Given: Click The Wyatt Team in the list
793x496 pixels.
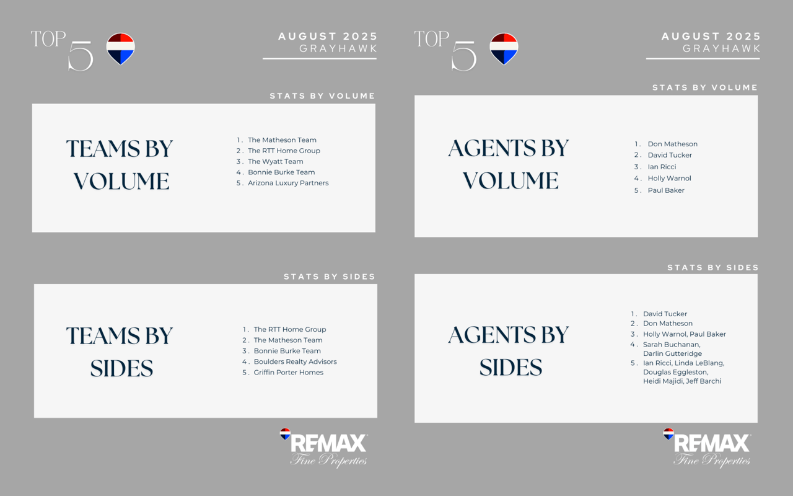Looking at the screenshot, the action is (x=276, y=162).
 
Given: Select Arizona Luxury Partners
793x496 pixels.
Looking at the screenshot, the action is (x=288, y=183).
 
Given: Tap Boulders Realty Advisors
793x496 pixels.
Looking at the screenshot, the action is (x=296, y=361).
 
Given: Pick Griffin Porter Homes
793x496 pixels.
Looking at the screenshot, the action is (x=289, y=373).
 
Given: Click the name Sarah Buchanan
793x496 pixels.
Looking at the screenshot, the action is (x=671, y=344).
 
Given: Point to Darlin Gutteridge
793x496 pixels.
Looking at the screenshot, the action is (x=672, y=353).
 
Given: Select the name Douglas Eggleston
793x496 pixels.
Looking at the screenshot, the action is (x=675, y=372).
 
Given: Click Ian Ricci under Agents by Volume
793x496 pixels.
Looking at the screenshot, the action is (x=662, y=167).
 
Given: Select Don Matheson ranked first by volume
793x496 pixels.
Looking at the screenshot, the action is (x=673, y=144).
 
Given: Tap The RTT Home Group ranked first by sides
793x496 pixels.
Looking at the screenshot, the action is (x=290, y=329).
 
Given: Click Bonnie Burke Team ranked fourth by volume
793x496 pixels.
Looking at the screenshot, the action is (x=281, y=172).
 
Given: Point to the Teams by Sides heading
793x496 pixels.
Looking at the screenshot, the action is (x=120, y=352).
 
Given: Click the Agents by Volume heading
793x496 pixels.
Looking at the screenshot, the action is (x=509, y=164).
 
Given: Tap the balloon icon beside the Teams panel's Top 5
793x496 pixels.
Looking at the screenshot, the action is (x=120, y=49).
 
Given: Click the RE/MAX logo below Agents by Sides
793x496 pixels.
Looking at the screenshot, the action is (x=707, y=448).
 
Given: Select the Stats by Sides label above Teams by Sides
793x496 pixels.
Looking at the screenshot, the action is (x=329, y=277).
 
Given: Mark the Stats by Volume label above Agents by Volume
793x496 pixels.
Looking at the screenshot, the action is (x=705, y=87).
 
